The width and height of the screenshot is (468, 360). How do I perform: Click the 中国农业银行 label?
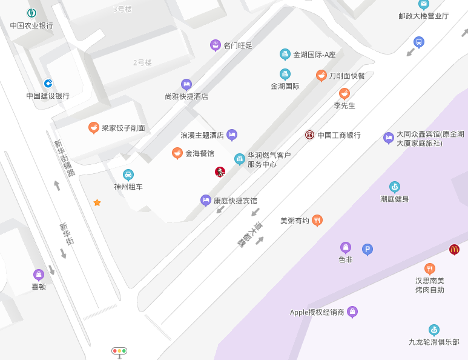pyautogui.click(x=31, y=25)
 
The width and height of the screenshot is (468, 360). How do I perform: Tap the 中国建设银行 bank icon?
pyautogui.click(x=48, y=83)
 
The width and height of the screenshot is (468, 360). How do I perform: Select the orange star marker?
pyautogui.click(x=97, y=202)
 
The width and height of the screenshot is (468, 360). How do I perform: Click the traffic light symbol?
pyautogui.click(x=119, y=351)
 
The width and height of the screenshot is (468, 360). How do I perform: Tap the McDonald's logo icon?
pyautogui.click(x=454, y=249)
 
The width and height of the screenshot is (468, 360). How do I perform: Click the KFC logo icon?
pyautogui.click(x=220, y=172)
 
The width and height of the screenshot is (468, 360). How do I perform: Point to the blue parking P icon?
pyautogui.click(x=367, y=249)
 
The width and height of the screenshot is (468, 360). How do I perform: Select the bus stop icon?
pyautogui.click(x=418, y=42)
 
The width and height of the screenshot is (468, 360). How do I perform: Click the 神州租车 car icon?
pyautogui.click(x=128, y=175)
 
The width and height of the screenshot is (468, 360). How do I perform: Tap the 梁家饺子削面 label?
pyautogui.click(x=123, y=128)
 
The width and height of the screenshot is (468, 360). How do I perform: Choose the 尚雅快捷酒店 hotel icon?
pyautogui.click(x=186, y=84)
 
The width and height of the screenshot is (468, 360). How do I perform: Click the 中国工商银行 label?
pyautogui.click(x=339, y=135)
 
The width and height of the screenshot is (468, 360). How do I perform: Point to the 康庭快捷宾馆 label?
pyautogui.click(x=235, y=201)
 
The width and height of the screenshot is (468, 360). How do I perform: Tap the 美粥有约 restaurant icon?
pyautogui.click(x=317, y=221)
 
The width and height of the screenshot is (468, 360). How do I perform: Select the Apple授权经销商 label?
pyautogui.click(x=317, y=312)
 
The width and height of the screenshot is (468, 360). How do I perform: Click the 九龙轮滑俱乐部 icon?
pyautogui.click(x=433, y=330)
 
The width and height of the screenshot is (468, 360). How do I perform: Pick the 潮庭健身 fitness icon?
pyautogui.click(x=395, y=187)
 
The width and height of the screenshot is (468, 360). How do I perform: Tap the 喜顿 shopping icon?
pyautogui.click(x=39, y=275)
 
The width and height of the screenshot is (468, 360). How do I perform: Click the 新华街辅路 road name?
pyautogui.click(x=64, y=158)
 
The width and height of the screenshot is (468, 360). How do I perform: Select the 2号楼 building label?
pyautogui.click(x=142, y=62)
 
